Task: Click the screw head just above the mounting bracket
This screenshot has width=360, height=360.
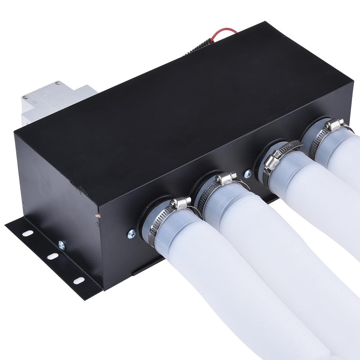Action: [62, 245]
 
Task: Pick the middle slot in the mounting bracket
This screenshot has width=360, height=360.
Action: [53, 256]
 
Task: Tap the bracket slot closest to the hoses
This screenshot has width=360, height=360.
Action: [79, 280]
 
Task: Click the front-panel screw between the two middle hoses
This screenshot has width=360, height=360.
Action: [247, 174]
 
